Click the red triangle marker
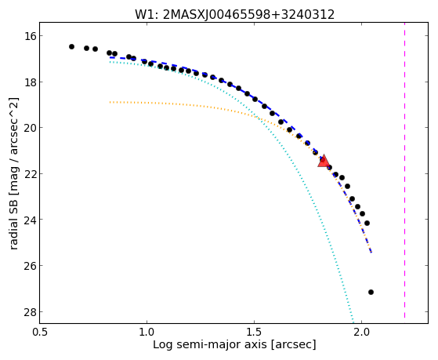[324, 162]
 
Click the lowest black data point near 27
[371, 292]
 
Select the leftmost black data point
[71, 46]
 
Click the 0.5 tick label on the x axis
[39, 332]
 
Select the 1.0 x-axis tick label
[147, 332]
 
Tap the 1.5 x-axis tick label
[254, 332]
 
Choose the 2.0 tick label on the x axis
[361, 332]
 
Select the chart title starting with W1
[234, 14]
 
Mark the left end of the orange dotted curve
[110, 103]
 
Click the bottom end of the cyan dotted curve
[353, 322]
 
